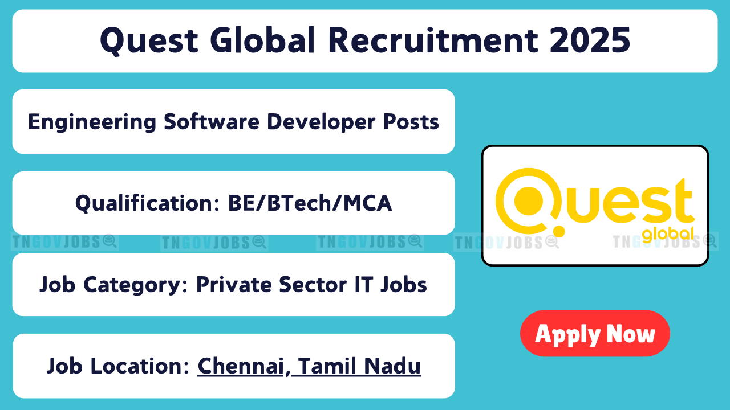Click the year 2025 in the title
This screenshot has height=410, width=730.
590,40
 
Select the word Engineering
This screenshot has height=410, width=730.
92,122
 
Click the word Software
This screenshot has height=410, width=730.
212,122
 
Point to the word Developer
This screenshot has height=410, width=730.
321,122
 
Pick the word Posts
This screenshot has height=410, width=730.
411,122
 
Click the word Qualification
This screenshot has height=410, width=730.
148,204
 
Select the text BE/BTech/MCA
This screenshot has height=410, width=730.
310,203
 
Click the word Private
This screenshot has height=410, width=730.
234,285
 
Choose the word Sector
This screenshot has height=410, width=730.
313,285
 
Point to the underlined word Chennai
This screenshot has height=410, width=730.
241,366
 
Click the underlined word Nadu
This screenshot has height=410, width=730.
392,366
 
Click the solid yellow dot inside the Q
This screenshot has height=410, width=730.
528,201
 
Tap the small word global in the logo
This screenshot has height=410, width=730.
668,234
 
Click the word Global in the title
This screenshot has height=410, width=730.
263,40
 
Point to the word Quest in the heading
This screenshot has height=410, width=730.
149,40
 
